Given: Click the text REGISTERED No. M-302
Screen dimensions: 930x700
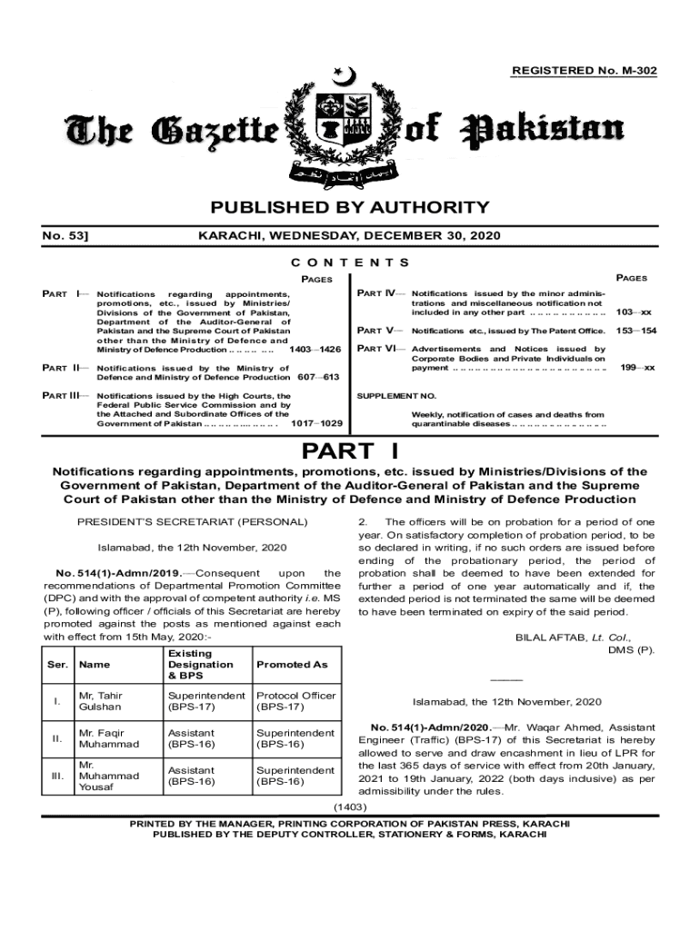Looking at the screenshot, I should point(585,71).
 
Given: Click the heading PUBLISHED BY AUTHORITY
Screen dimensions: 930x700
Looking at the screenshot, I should point(350,208).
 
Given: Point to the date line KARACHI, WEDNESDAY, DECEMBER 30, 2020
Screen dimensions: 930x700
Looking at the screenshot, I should point(350,236).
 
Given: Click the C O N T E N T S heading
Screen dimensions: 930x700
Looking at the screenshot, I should point(350,262).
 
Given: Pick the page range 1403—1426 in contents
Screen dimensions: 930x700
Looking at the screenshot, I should point(315,350).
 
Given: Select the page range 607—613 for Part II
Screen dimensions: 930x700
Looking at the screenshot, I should point(317,377).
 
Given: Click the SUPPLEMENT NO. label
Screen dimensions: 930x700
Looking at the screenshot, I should point(397,397).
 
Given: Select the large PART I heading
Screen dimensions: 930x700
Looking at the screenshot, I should point(350,451).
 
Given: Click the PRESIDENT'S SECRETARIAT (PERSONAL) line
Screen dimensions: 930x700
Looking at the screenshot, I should point(192,522).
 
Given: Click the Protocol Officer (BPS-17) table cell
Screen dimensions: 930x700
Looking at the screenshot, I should point(295,701).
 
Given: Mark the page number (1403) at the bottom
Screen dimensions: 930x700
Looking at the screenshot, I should point(350,806).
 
